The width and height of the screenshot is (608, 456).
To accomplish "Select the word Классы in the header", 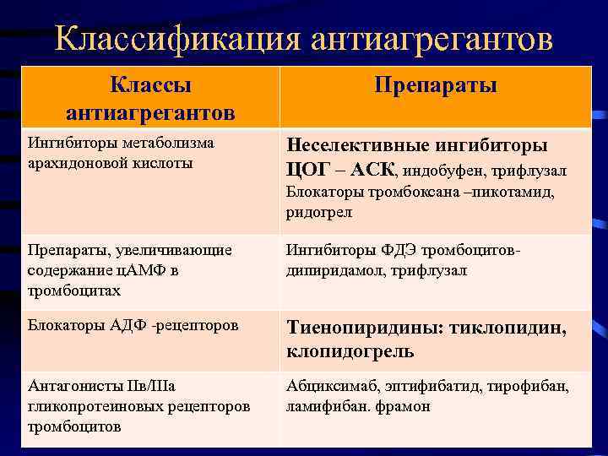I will tap(151, 85).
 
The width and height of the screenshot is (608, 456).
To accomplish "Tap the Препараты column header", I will tap(436, 86).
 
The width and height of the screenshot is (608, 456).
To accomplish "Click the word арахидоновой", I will tap(71, 162).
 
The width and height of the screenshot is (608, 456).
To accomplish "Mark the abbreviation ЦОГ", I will tap(308, 169).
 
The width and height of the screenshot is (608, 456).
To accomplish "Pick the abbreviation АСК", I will tap(369, 169).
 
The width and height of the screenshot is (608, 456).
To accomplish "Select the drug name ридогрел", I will tap(319, 213).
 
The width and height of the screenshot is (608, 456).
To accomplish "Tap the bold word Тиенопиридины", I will tap(366, 328).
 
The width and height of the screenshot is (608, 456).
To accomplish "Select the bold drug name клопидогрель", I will tap(350, 350).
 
